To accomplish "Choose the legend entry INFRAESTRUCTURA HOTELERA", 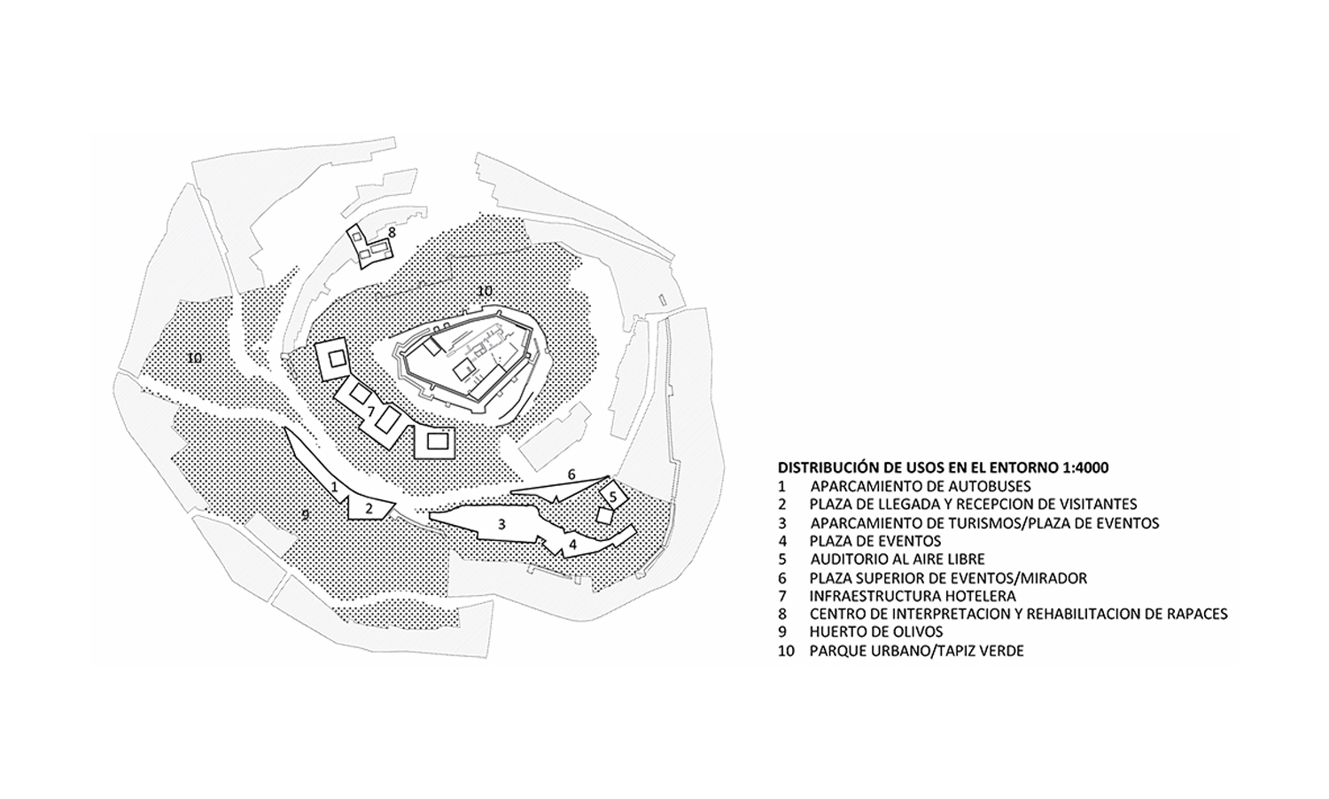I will [912, 596].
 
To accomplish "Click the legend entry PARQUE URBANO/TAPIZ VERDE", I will [916, 651].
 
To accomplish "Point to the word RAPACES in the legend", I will [1195, 614].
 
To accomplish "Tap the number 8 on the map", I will [392, 232].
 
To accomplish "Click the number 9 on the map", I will [305, 514].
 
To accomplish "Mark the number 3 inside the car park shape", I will [501, 524].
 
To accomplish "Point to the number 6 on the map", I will [571, 474].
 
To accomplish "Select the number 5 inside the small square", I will [612, 497].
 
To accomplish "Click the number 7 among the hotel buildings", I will [371, 411].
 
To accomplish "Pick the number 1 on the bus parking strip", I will [334, 486].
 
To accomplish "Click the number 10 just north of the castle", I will [484, 290].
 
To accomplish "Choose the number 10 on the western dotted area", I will [194, 358].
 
